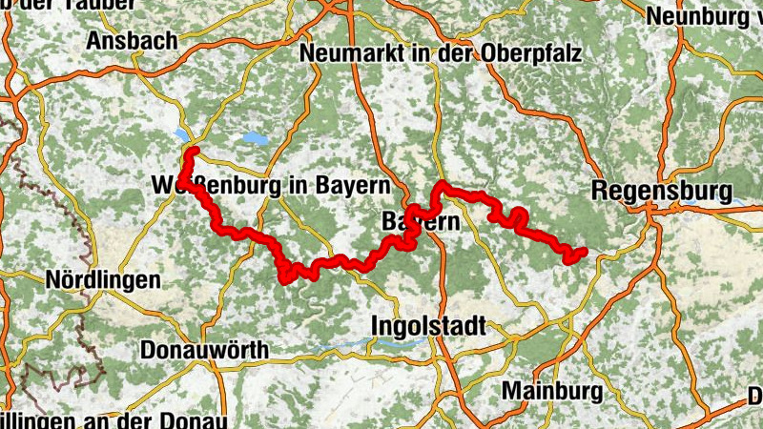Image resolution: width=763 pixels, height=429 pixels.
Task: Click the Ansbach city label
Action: pos(132,41)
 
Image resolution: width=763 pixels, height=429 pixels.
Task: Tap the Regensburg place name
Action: pos(661,190)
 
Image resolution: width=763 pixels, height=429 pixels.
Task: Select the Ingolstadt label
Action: pos(427,327)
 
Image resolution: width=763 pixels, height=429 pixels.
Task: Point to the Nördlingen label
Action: pos(102,280)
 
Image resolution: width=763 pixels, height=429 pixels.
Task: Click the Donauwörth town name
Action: pos(204,350)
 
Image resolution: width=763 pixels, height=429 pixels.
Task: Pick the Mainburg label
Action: pos(551,391)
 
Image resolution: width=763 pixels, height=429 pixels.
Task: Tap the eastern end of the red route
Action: pos(582,252)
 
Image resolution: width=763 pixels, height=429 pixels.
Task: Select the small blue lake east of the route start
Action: pos(255,138)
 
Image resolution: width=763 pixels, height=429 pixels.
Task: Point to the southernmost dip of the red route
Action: pos(286,277)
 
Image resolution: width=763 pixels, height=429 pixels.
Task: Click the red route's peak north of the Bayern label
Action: pos(442,184)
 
